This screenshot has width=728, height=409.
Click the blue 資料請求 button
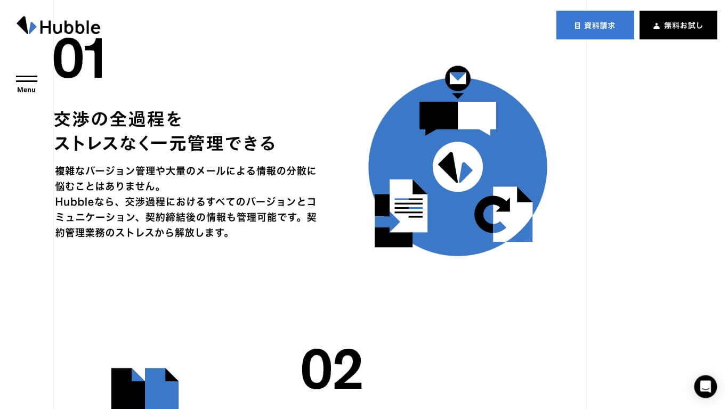[595, 25]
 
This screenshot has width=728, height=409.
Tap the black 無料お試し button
[678, 25]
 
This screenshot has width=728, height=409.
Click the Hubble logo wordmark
[70, 27]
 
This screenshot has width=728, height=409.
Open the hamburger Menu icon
[26, 79]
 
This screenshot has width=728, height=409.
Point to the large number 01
[78, 58]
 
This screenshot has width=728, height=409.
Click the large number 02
[331, 369]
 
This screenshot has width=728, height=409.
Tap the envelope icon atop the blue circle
[458, 78]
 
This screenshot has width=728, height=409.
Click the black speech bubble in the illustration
[439, 118]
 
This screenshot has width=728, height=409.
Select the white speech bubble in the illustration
[477, 118]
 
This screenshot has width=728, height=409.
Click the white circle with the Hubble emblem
[457, 167]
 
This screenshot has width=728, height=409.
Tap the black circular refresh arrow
[491, 214]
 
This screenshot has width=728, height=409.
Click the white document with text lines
[409, 206]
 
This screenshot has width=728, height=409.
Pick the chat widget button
[705, 386]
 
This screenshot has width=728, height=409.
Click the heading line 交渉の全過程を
[118, 119]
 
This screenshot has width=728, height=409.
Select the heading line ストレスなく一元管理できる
[165, 143]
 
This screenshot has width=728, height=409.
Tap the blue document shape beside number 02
[161, 388]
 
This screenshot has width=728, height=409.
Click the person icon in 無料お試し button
[656, 26]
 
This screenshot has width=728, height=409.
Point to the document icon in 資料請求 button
[577, 26]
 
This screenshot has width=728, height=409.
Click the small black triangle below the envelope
[458, 95]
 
